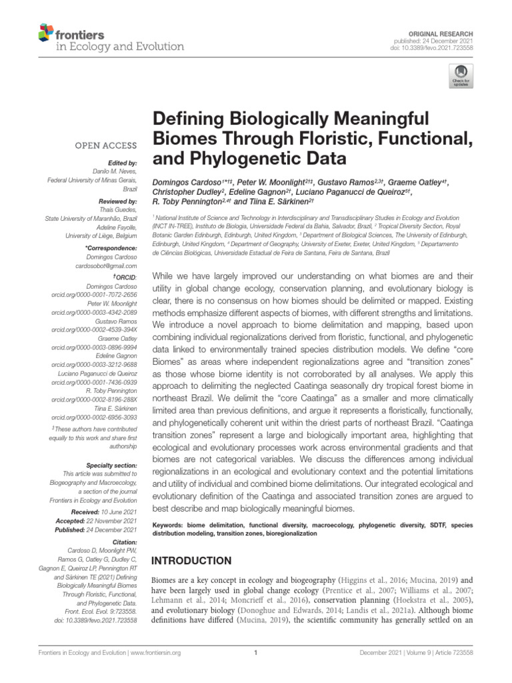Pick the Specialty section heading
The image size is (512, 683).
pos(112,464)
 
